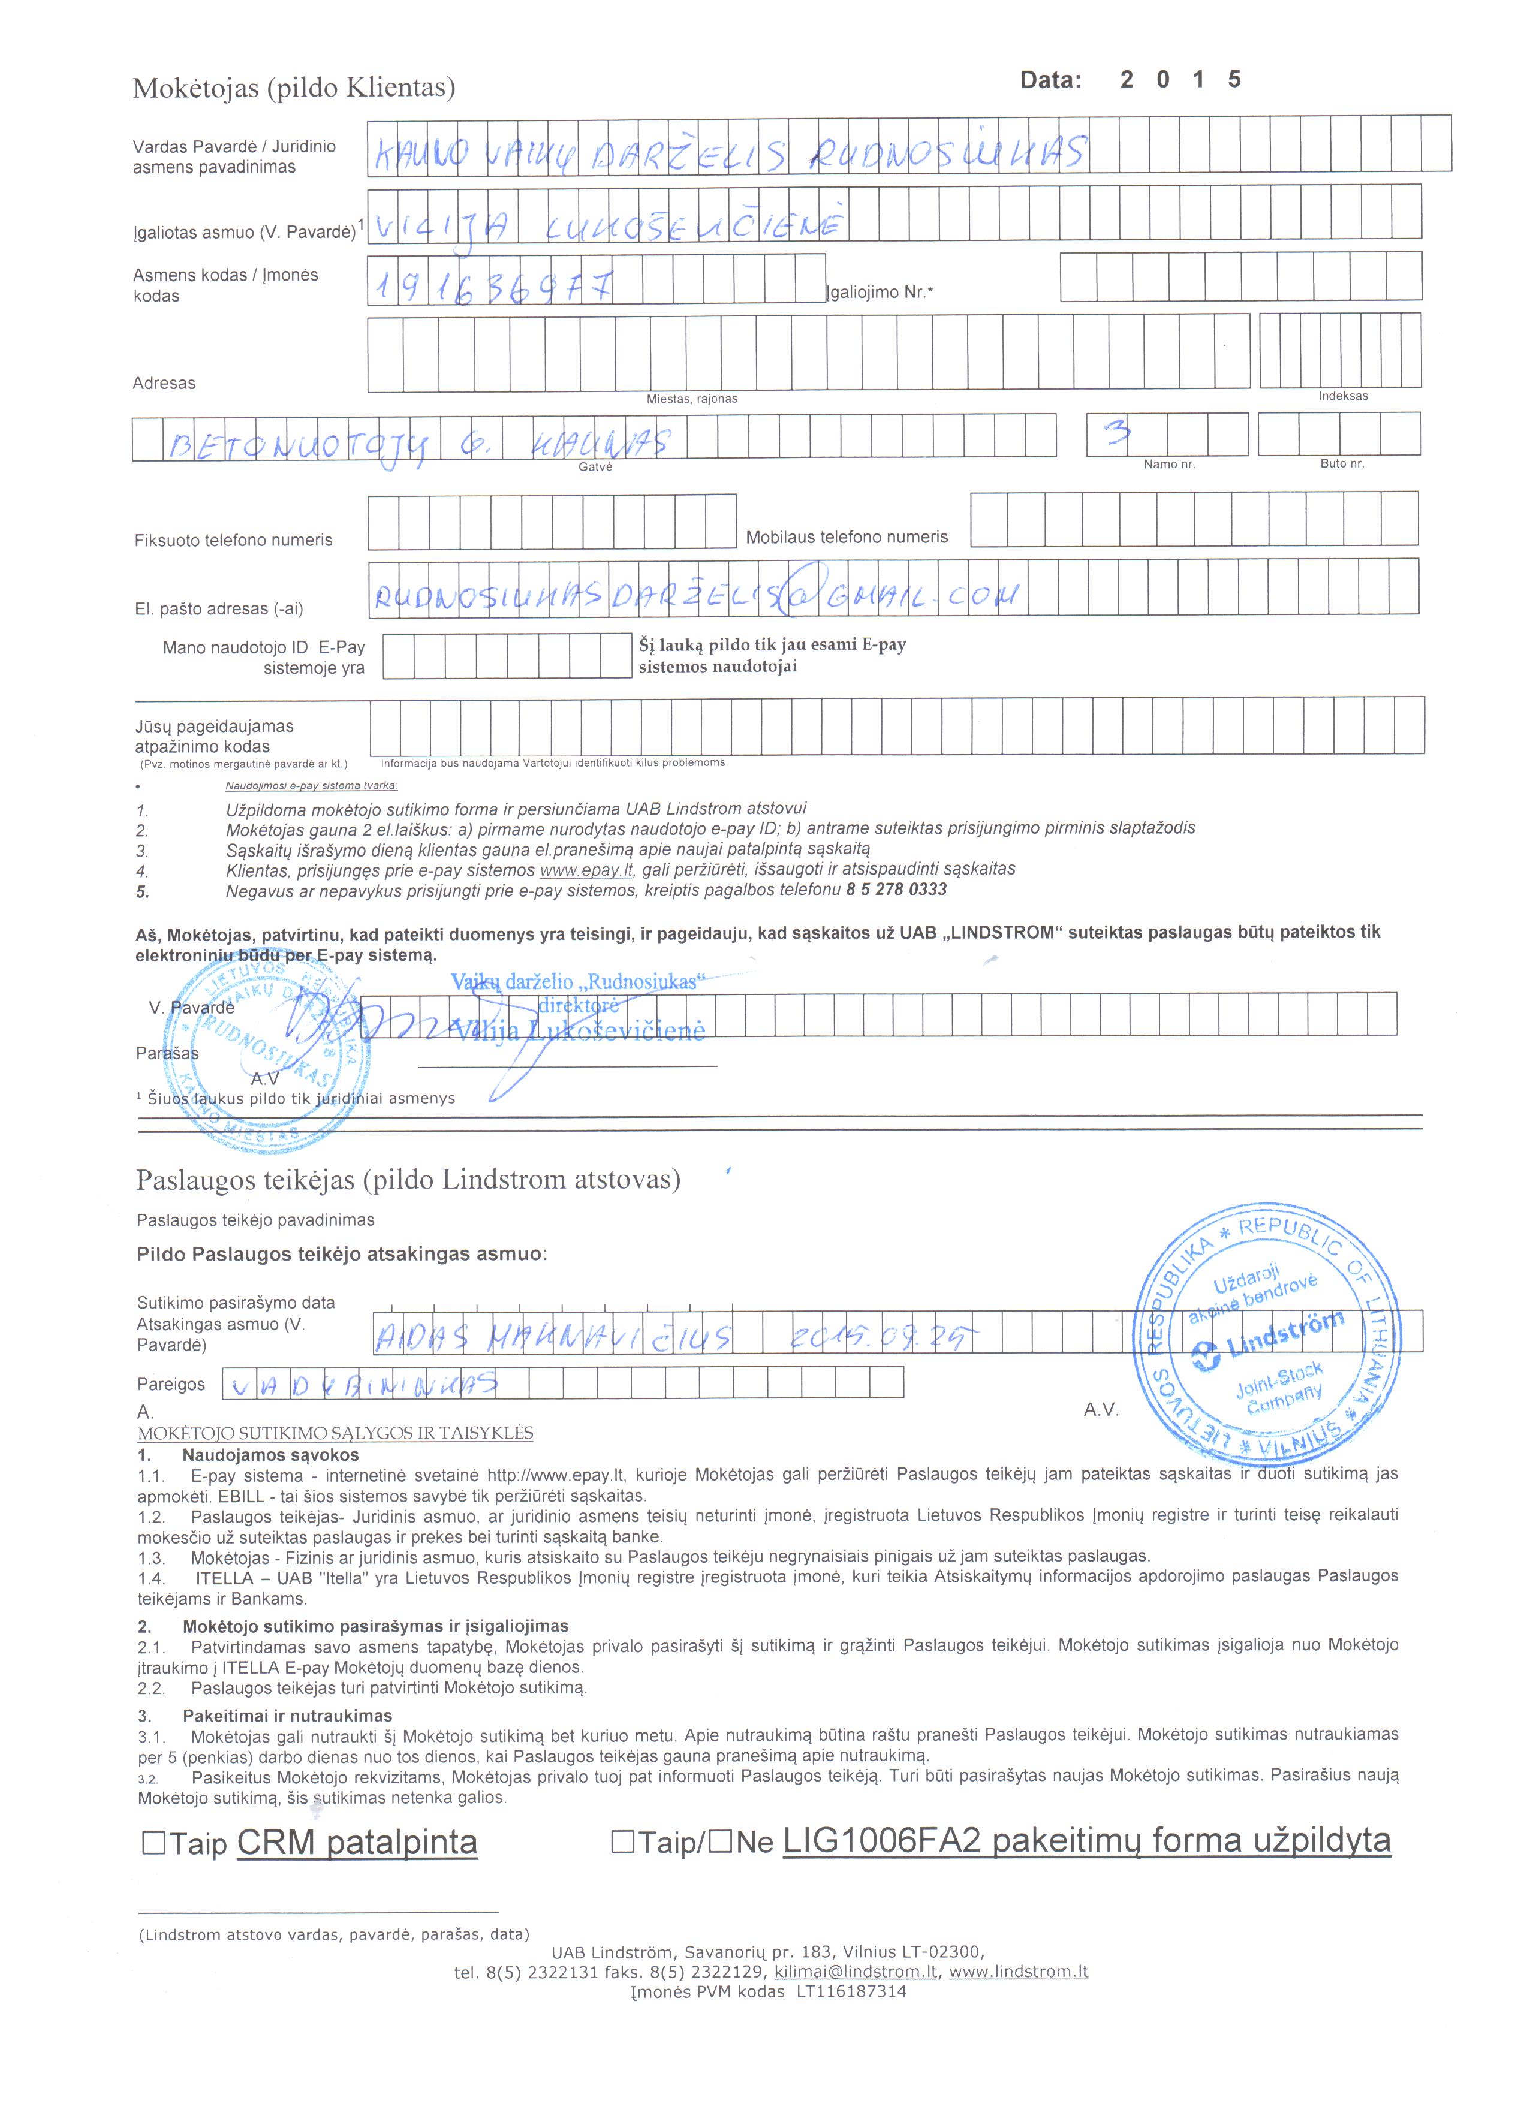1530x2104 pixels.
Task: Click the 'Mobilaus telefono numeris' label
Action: (846, 537)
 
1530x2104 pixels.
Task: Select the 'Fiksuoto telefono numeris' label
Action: (233, 540)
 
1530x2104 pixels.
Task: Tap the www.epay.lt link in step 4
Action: (586, 869)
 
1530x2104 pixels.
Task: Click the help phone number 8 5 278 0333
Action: (896, 890)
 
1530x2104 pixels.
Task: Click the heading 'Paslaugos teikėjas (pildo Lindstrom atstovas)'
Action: (408, 1180)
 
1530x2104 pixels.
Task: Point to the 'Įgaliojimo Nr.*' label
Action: (880, 293)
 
